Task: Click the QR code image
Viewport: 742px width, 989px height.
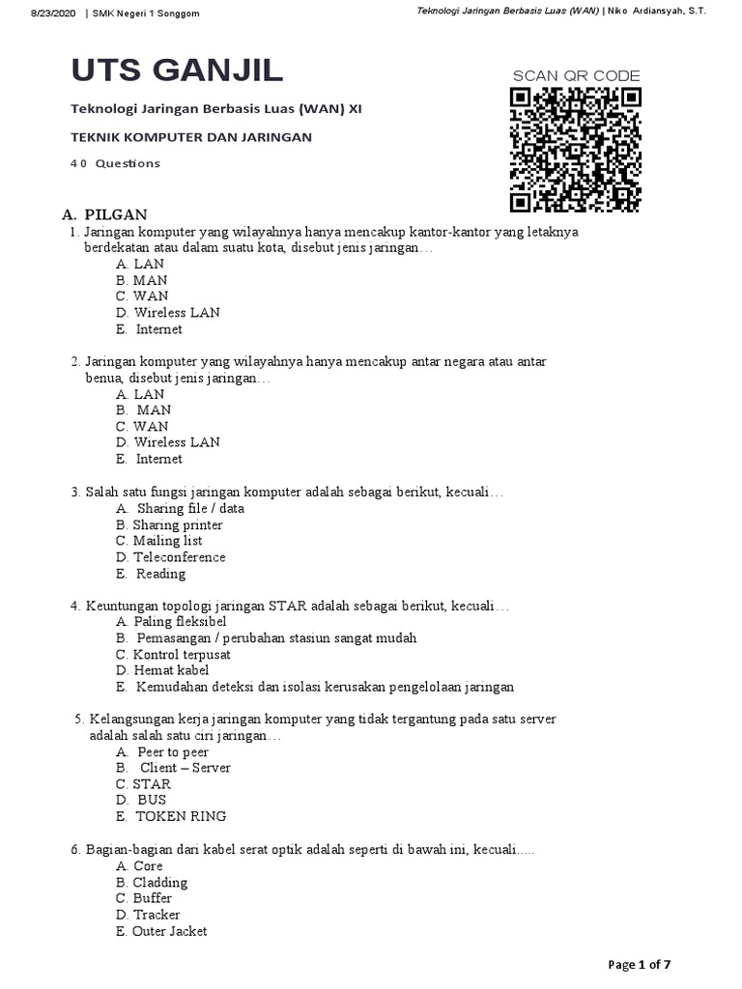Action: (576, 150)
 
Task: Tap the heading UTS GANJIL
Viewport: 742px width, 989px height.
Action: (178, 71)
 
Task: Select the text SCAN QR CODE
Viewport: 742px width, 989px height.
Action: (576, 76)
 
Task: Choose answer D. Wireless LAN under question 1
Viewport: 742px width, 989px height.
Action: (167, 313)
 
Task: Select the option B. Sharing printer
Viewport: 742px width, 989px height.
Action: (169, 525)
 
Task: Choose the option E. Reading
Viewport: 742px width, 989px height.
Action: (150, 574)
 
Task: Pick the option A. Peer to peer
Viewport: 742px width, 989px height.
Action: (161, 751)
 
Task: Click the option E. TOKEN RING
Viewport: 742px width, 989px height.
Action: (170, 816)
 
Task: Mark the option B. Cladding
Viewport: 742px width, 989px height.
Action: (152, 882)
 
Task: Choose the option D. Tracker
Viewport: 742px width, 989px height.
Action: (148, 915)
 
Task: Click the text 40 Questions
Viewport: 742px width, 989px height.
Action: (115, 163)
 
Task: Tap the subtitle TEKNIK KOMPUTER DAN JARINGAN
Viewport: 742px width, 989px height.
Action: (191, 137)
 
